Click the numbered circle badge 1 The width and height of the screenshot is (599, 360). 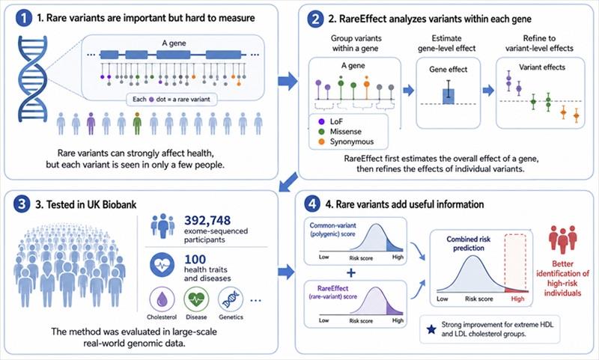coord(24,18)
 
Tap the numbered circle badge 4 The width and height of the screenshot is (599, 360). coord(312,204)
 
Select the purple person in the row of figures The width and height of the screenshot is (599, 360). coord(91,123)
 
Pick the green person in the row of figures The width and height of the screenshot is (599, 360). coord(137,123)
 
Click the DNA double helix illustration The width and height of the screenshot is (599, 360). coord(32,79)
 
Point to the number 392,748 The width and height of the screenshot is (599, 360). coord(207,220)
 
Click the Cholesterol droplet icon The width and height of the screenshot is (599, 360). coord(162,299)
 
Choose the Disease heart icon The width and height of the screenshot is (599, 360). coord(196,299)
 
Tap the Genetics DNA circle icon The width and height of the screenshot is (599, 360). coord(231,299)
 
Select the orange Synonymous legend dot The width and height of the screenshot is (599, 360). coord(321,141)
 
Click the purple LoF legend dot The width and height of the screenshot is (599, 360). coord(321,121)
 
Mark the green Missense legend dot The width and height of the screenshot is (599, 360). coord(321,132)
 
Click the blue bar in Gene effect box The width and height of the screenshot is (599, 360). coord(448,97)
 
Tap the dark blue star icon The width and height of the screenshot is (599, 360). coord(431,329)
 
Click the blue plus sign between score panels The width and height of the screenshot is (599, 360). coord(350,272)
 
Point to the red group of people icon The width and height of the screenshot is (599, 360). coord(563,240)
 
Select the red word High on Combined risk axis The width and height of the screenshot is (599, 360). coord(517,299)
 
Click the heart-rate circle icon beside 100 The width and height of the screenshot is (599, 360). coord(162,264)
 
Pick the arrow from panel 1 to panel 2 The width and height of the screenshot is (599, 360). coord(288,81)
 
